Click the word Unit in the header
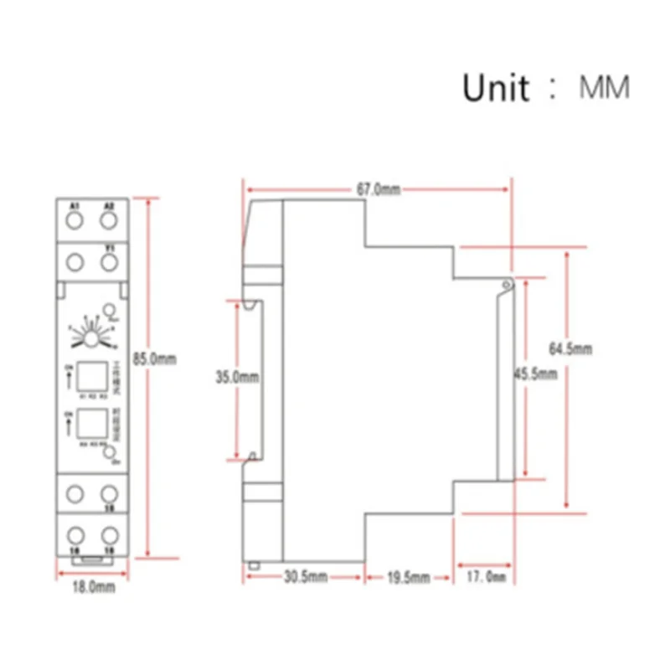point(495,87)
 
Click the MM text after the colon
point(605,87)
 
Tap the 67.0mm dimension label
point(378,190)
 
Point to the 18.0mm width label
point(93,588)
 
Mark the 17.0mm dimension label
point(487,577)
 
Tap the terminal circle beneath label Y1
point(108,263)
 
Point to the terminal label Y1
point(109,247)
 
